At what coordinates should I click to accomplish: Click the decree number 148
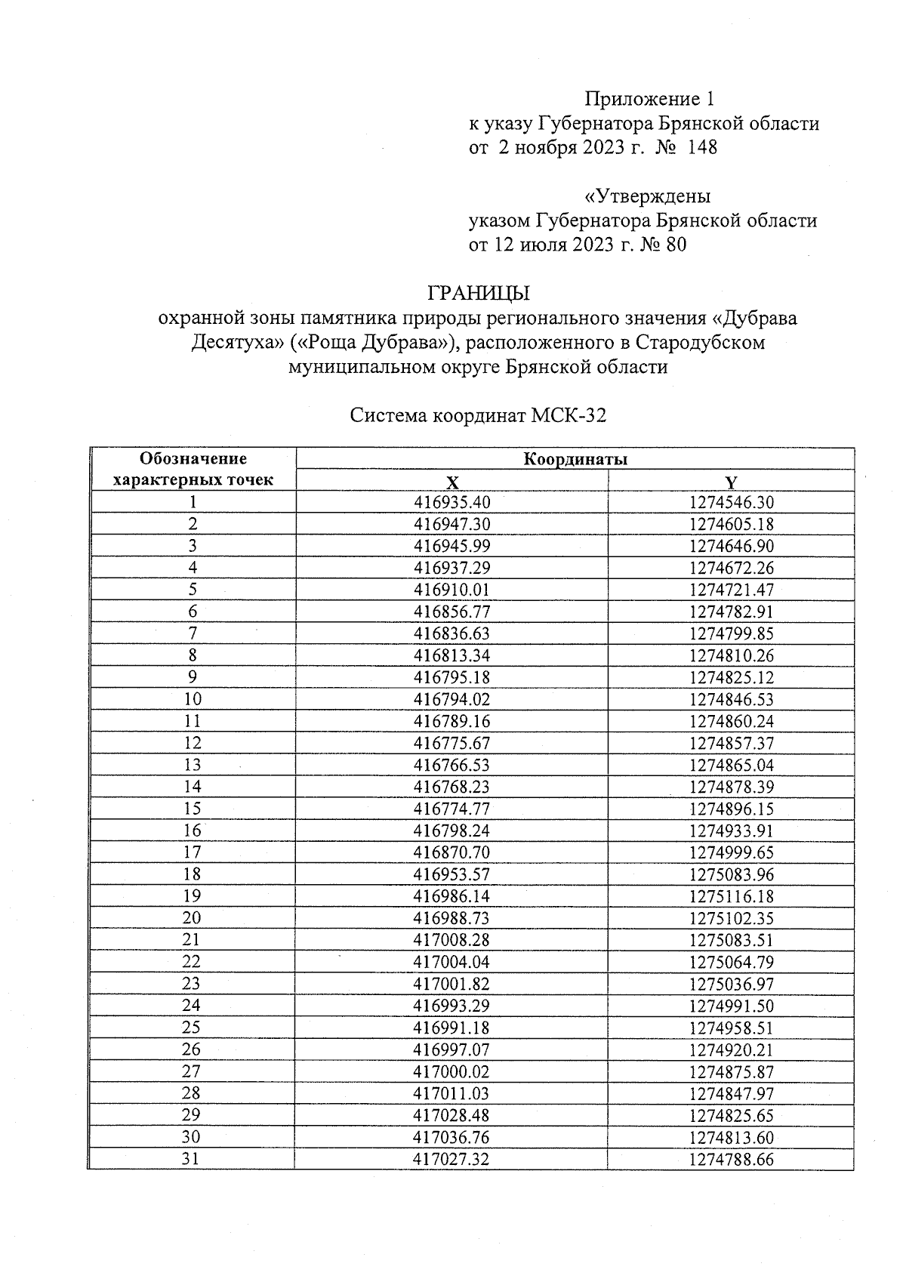coord(701,147)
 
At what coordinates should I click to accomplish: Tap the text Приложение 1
coord(649,99)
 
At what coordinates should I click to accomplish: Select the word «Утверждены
coord(648,196)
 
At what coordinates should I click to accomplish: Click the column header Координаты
coord(575,459)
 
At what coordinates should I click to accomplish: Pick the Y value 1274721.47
coord(731,590)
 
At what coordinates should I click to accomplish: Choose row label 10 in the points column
coord(193,700)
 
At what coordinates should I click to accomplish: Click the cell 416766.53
coord(451,766)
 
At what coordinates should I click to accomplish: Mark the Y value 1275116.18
coord(731,897)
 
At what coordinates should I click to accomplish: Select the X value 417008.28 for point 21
coord(451,941)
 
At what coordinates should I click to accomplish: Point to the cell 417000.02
coord(451,1072)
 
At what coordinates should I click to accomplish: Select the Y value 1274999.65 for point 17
coord(731,853)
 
